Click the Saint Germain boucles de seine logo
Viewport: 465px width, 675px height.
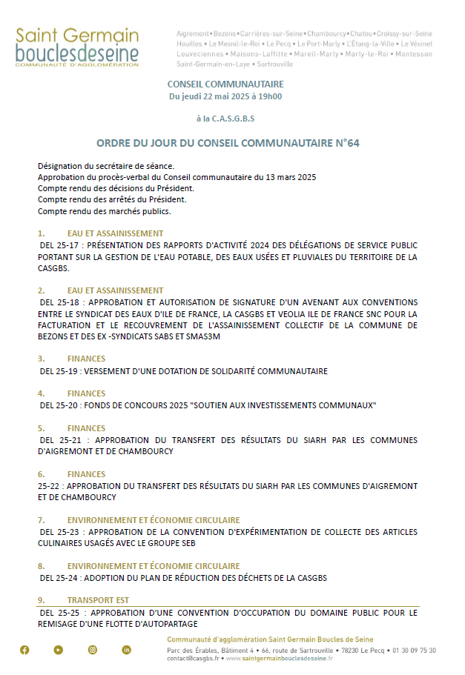tap(77, 48)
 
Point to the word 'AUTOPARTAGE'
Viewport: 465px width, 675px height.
tap(171, 624)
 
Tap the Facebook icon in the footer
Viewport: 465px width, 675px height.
tap(24, 650)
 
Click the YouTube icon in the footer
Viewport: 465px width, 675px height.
tap(59, 650)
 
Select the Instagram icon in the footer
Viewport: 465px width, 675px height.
tap(93, 650)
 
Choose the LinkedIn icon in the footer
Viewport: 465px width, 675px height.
tap(127, 650)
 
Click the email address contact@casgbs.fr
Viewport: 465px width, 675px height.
tap(193, 658)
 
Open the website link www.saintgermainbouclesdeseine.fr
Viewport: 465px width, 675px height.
tap(279, 658)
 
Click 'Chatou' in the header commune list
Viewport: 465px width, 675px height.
tap(361, 34)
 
